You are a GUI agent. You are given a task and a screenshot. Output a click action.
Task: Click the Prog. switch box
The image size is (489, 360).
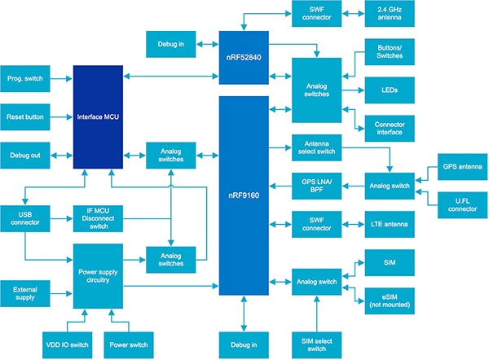pos(26,78)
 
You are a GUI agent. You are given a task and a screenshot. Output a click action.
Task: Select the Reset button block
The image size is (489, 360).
pos(26,116)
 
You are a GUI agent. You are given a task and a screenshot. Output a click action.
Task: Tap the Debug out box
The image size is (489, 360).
pos(26,155)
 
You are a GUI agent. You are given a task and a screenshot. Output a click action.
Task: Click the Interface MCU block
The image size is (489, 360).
pos(99,116)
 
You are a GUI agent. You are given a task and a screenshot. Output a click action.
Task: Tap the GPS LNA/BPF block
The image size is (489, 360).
pos(316,184)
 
